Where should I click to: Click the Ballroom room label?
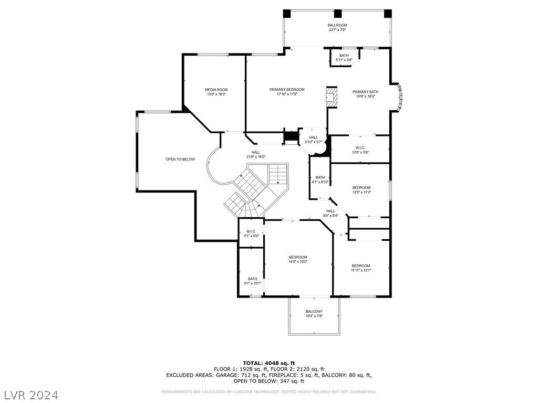click(337, 25)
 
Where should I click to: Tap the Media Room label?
click(216, 90)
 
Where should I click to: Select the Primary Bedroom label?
click(287, 90)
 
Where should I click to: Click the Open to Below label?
click(180, 160)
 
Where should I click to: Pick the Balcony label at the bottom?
click(314, 312)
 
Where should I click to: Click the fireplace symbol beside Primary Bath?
click(331, 97)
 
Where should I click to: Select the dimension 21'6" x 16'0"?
click(255, 157)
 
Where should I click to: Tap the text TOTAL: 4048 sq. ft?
click(268, 363)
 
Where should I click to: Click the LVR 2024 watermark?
click(31, 394)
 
